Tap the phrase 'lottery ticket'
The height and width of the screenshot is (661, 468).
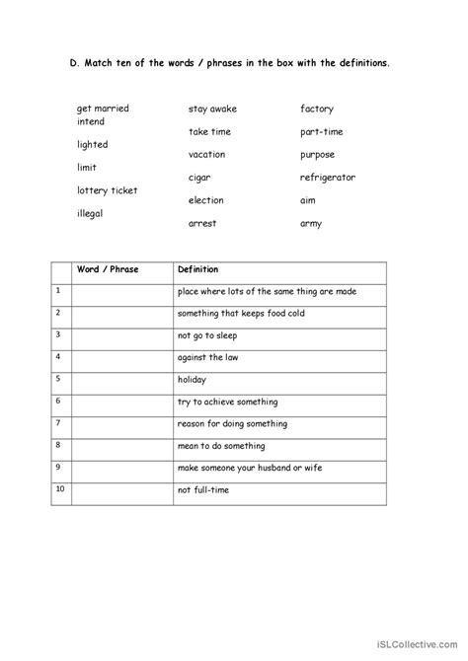point(108,190)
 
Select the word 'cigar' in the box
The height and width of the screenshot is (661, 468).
point(199,178)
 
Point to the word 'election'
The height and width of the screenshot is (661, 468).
point(205,200)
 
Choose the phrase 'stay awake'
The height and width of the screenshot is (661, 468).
point(212,109)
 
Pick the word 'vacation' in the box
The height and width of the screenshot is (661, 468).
point(206,155)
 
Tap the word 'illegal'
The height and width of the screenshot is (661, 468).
point(90,213)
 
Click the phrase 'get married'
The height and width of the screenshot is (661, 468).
point(103,109)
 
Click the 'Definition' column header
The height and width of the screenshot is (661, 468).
point(197,269)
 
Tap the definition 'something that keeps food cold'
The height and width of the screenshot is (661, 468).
point(244,313)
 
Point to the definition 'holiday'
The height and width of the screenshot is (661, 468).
point(192,379)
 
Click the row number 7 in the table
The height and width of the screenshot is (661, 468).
point(58,422)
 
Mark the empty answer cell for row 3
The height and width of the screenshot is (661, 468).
point(120,335)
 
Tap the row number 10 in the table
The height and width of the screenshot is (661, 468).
point(59,488)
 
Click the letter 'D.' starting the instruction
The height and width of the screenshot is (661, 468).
point(75,62)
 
